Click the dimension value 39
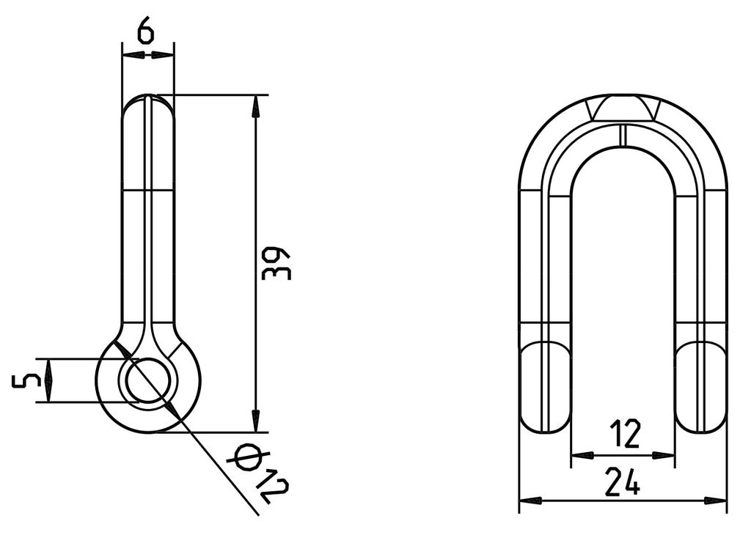click(x=276, y=263)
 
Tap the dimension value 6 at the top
click(x=146, y=32)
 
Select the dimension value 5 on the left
click(x=26, y=380)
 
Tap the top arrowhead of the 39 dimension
click(x=256, y=106)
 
